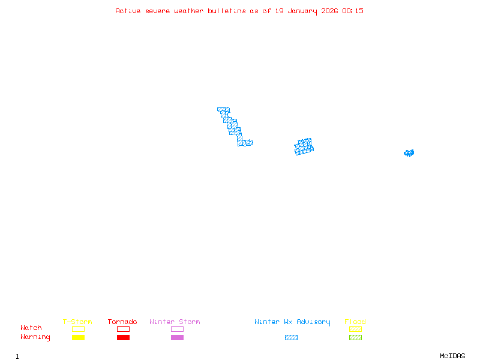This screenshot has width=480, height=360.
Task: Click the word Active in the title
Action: click(x=128, y=11)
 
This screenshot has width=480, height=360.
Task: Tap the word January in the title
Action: click(x=301, y=11)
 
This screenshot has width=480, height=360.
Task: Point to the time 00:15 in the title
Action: click(x=353, y=11)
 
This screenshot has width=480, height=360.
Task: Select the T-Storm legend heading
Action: click(x=77, y=322)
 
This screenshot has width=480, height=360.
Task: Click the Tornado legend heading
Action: click(x=122, y=322)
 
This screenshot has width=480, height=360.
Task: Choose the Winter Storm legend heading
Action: click(x=175, y=322)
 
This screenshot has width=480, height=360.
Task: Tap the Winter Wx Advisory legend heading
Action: click(x=292, y=322)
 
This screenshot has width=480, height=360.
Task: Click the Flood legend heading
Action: click(x=355, y=322)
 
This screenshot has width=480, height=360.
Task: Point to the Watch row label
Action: click(x=31, y=328)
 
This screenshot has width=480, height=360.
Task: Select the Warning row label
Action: click(x=35, y=337)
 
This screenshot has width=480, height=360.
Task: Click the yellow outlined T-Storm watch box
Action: click(x=78, y=329)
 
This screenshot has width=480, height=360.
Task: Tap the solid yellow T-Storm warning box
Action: click(x=78, y=337)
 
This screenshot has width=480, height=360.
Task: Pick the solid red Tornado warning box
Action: click(x=123, y=337)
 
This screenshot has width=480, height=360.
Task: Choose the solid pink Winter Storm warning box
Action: click(x=177, y=337)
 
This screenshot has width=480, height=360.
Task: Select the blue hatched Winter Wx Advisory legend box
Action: click(x=291, y=337)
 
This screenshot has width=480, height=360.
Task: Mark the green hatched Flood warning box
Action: click(x=355, y=337)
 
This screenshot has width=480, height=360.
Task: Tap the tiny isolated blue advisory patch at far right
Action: click(x=409, y=153)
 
